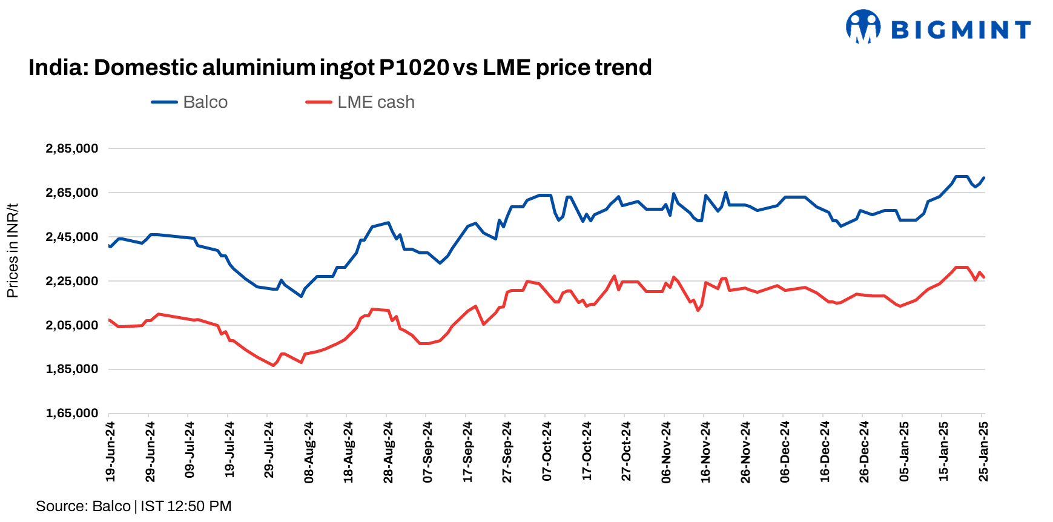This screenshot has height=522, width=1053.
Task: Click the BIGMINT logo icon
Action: pyautogui.click(x=863, y=27)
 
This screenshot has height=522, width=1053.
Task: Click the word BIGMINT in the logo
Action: pyautogui.click(x=961, y=29)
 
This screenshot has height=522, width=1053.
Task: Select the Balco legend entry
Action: pyautogui.click(x=190, y=102)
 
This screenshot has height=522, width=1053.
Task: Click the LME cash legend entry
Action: pyautogui.click(x=361, y=102)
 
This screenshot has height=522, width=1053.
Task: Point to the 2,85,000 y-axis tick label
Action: pyautogui.click(x=72, y=148)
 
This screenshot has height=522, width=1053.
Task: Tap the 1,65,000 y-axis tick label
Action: pyautogui.click(x=72, y=413)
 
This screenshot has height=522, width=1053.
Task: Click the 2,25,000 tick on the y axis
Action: pyautogui.click(x=72, y=281)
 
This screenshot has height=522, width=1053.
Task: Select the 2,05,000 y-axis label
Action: pyautogui.click(x=72, y=325)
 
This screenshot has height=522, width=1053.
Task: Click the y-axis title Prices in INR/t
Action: pyautogui.click(x=13, y=251)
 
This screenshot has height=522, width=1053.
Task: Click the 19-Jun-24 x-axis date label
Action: pyautogui.click(x=110, y=452)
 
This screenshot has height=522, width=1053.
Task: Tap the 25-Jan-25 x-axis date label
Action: pyautogui.click(x=984, y=452)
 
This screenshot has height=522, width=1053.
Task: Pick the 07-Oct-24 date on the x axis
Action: pyautogui.click(x=547, y=452)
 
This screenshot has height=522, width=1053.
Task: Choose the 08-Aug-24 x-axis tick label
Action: pyautogui.click(x=309, y=452)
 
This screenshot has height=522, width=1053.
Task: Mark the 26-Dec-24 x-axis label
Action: pyautogui.click(x=865, y=452)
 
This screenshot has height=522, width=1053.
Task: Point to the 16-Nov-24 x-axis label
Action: pyautogui.click(x=705, y=452)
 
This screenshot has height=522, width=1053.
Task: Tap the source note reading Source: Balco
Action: pyautogui.click(x=83, y=506)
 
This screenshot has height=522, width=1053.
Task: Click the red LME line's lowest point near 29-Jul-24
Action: pyautogui.click(x=273, y=365)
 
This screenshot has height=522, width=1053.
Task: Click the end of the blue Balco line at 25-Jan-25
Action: pyautogui.click(x=984, y=178)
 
